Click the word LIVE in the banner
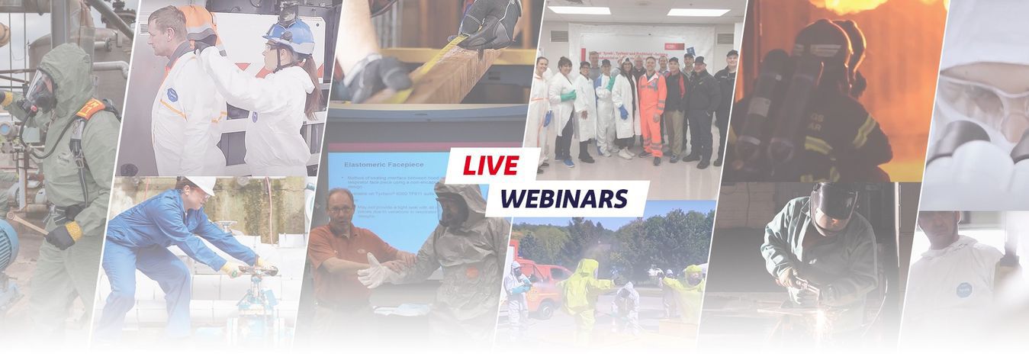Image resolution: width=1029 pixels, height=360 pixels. [491, 165]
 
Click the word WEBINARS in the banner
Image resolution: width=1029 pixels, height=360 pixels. [564, 198]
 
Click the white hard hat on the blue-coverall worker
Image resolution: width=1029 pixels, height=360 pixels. [202, 185]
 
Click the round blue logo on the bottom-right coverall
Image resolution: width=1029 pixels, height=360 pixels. [965, 290]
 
